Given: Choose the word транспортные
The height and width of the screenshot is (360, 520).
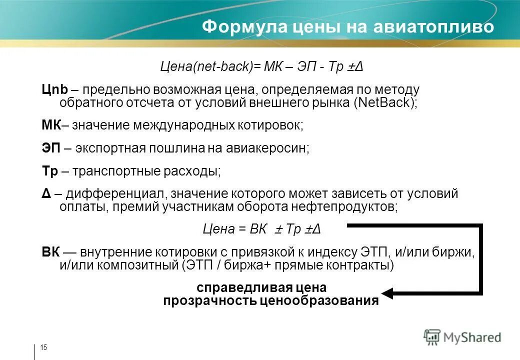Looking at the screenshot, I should [115, 171].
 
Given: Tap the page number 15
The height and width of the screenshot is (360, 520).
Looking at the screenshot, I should [43, 348].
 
